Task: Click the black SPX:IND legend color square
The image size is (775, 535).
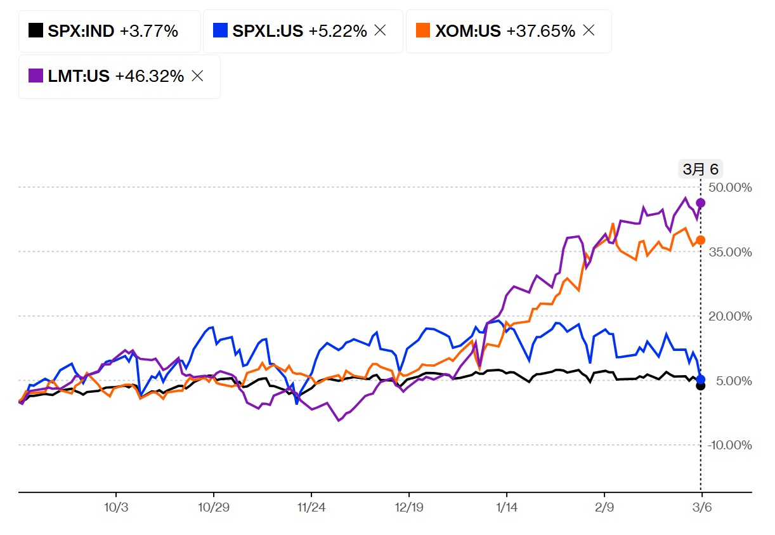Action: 36,30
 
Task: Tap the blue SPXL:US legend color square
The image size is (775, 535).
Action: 221,30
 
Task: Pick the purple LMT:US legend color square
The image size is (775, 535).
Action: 36,76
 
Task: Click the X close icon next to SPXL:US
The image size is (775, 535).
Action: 380,30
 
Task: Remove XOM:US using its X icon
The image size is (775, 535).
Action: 589,30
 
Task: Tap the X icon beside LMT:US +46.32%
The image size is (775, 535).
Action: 197,76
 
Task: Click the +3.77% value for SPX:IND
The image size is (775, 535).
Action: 148,30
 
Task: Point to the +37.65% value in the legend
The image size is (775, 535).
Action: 541,30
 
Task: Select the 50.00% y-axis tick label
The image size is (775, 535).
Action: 730,188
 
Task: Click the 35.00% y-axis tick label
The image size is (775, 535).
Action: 730,252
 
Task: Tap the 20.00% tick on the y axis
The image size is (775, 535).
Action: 730,317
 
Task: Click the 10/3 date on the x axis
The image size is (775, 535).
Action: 116,509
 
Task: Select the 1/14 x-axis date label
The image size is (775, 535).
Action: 506,509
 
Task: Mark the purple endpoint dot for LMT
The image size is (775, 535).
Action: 701,202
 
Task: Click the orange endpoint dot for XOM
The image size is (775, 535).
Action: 701,240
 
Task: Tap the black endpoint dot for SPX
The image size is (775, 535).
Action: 701,385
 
